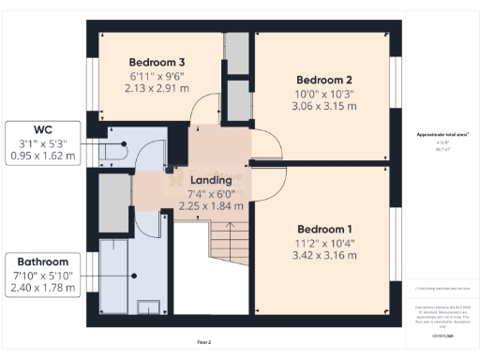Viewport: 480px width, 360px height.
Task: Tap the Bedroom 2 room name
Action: click(323, 80)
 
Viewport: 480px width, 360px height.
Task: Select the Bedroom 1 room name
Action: click(324, 230)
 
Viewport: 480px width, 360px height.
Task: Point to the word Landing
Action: click(211, 180)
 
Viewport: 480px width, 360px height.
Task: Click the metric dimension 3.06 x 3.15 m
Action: click(323, 107)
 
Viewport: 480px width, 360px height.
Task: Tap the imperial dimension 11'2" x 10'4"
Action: click(324, 244)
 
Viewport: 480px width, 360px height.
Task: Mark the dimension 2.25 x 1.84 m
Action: click(211, 208)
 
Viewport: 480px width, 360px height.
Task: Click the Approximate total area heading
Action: click(443, 135)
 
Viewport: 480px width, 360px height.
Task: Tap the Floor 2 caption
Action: click(203, 343)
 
